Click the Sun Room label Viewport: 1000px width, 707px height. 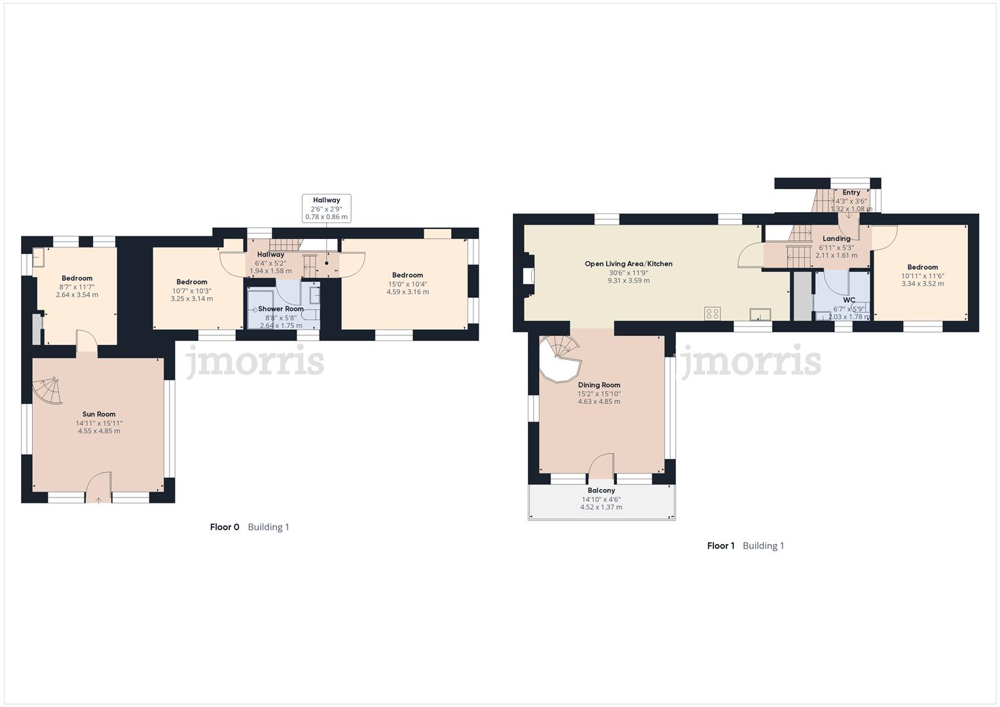coord(99,414)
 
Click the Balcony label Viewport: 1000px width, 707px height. coord(601,490)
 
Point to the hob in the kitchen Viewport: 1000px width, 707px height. coord(713,313)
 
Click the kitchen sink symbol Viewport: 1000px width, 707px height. coord(760,314)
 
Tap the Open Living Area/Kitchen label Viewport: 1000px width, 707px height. coord(629,264)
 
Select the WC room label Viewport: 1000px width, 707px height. coord(849,300)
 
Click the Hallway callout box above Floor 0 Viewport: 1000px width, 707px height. coord(326,208)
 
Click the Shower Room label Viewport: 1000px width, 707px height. coord(281,309)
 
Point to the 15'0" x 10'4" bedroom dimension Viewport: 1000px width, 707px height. coord(407,284)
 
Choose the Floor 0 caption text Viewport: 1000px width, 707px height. coord(225,527)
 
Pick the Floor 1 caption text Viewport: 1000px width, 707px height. coord(721,546)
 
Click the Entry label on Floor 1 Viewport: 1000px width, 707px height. coord(851,192)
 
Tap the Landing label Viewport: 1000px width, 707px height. coord(836,239)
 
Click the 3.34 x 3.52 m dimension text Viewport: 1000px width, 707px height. coord(923,284)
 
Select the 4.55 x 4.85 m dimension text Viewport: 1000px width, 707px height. coord(99,431)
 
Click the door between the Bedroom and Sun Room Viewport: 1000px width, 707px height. coord(86,342)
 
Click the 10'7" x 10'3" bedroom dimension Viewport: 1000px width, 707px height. coord(192,291)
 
